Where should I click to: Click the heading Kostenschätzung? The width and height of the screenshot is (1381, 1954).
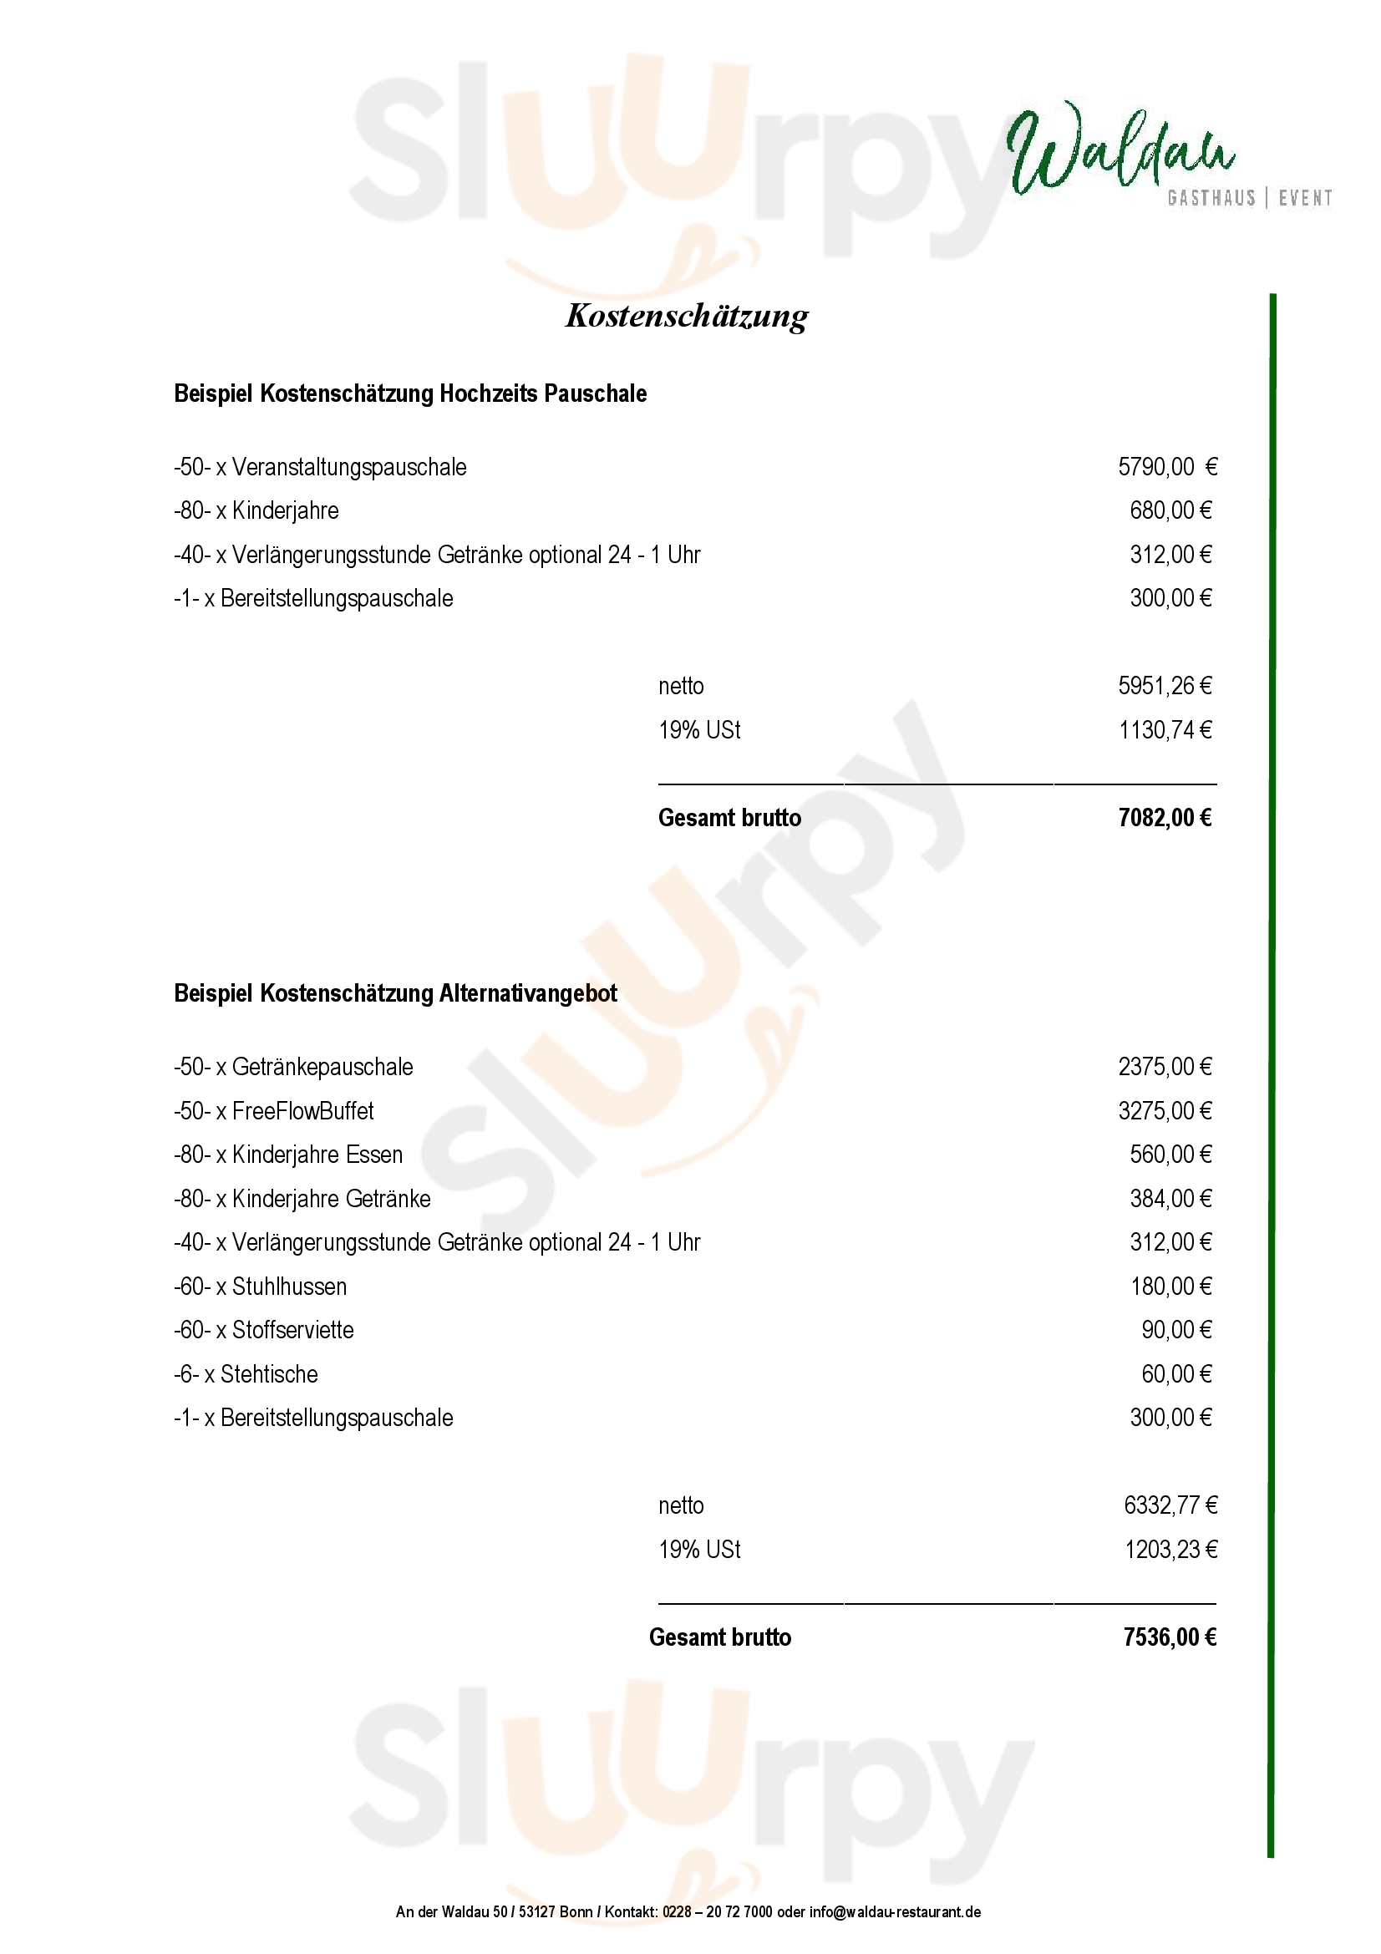(x=687, y=316)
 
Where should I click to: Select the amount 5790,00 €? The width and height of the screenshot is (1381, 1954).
(x=1166, y=466)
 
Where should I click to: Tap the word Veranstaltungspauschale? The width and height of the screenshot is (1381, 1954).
(x=349, y=467)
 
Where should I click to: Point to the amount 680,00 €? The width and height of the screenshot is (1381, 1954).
(x=1170, y=510)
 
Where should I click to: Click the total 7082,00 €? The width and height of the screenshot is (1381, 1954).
(x=1164, y=818)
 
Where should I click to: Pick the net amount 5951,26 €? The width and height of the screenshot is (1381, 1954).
(x=1164, y=686)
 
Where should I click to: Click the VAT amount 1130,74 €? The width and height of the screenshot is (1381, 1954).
(x=1164, y=730)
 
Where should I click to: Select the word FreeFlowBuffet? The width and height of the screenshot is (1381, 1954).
(x=303, y=1110)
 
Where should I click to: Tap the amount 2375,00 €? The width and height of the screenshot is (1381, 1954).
(x=1164, y=1066)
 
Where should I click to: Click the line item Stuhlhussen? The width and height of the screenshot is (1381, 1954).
(x=289, y=1286)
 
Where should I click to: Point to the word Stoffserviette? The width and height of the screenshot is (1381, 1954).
(x=292, y=1330)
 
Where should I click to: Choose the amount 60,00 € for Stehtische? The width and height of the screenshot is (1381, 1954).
(x=1176, y=1373)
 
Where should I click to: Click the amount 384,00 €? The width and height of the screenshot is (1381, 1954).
(x=1170, y=1198)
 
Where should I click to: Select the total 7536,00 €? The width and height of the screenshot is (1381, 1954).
(x=1169, y=1637)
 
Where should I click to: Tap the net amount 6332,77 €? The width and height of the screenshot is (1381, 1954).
(x=1170, y=1505)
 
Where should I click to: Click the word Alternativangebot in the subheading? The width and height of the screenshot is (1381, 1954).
(x=527, y=993)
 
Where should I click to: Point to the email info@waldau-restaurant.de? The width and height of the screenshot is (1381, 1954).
(x=894, y=1911)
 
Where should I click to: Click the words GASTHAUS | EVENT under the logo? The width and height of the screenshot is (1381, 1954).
(x=1249, y=198)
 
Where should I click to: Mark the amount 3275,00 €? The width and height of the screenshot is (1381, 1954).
(x=1164, y=1110)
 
